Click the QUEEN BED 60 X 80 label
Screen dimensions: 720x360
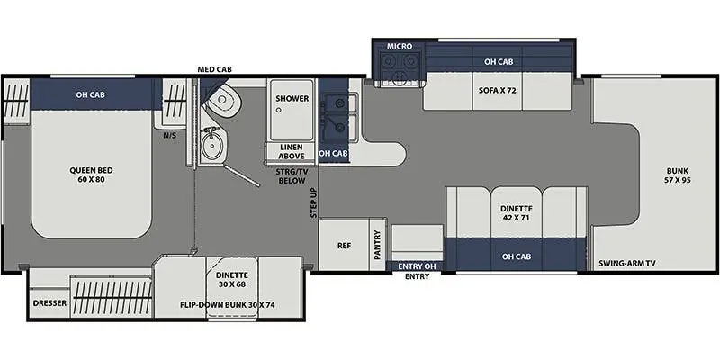point(92,175)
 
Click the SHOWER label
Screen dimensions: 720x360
point(292,99)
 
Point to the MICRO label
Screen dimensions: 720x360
point(400,47)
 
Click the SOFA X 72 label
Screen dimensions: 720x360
point(498,91)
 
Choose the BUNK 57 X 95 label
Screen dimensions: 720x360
point(678,175)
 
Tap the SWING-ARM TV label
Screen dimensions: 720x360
point(626,264)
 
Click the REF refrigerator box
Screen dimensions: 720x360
point(345,246)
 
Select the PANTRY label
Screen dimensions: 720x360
point(378,245)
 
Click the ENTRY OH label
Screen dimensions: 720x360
point(417,266)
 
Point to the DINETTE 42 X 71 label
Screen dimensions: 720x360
point(517,213)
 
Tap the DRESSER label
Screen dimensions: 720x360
point(49,303)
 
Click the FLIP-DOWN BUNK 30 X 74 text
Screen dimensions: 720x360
point(228,304)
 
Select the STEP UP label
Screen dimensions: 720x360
point(313,202)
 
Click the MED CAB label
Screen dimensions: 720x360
point(214,70)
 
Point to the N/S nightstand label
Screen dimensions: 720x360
point(170,135)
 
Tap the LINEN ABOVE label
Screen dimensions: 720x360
point(292,151)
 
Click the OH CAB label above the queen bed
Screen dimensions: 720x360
point(91,95)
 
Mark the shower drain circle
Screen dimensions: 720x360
point(278,110)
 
